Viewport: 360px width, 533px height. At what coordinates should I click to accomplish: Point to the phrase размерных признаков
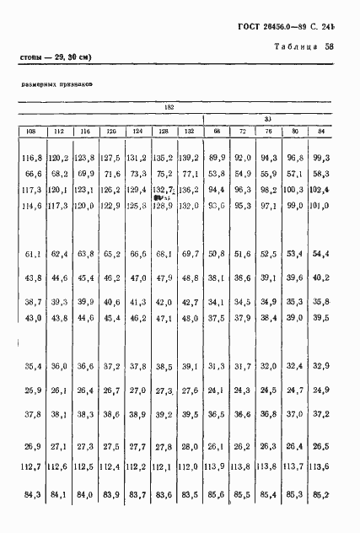(57, 85)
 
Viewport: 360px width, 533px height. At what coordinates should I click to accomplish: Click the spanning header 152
(169, 107)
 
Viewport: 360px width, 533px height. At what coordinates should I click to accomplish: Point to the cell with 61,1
(35, 253)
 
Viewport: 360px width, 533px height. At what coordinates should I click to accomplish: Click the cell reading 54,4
(320, 253)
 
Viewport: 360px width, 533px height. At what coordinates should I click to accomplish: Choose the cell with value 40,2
(320, 277)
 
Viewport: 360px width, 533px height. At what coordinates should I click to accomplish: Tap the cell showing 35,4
(35, 366)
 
